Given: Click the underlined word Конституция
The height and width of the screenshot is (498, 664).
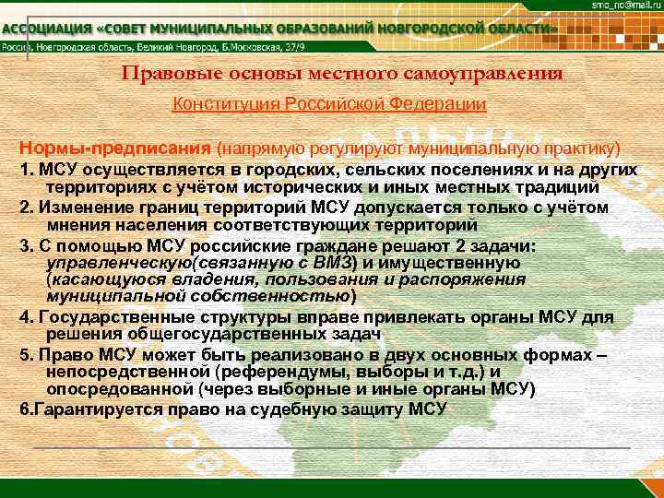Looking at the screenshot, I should click(225, 105).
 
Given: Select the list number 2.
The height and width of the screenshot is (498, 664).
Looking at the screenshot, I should click(25, 207).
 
